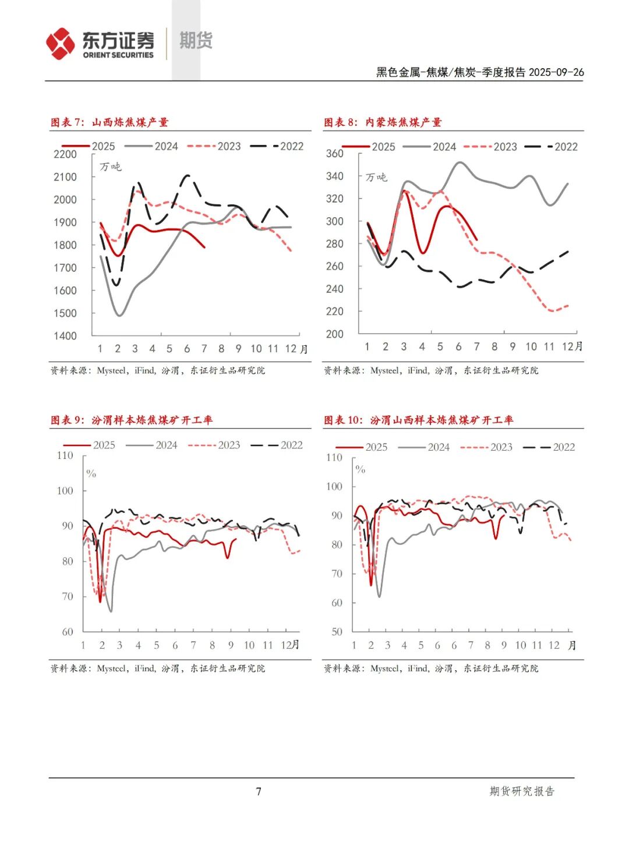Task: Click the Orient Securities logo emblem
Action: point(61,44)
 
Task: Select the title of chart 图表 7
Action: point(109,122)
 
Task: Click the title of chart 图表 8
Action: point(383,122)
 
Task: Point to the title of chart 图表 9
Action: point(132,420)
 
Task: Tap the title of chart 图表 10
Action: point(418,420)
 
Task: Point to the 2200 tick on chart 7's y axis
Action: point(65,154)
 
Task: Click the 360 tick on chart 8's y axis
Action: point(335,153)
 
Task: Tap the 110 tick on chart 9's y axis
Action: point(65,455)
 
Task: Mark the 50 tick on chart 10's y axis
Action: point(337,632)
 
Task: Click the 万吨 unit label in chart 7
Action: point(110,167)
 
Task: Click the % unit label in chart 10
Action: point(361,469)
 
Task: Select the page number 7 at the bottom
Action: point(259,791)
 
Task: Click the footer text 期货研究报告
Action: point(522,791)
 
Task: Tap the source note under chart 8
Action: point(431,370)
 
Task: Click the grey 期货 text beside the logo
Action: point(196,41)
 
